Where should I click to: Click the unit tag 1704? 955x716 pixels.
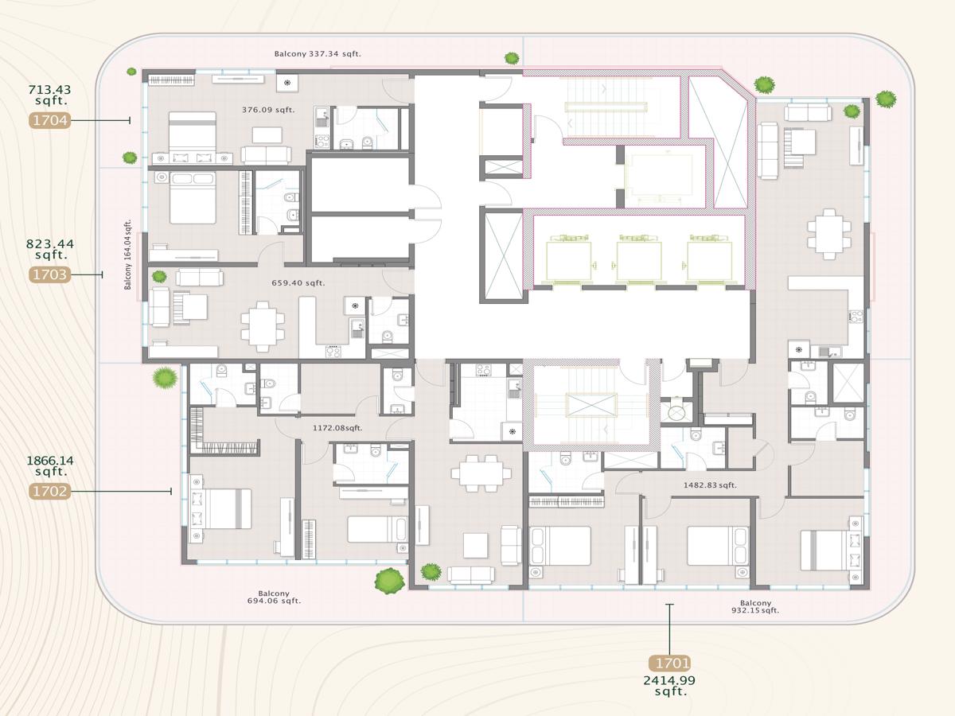(x=49, y=121)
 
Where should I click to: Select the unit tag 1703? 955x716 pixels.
(x=49, y=274)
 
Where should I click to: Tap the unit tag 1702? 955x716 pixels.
(x=49, y=492)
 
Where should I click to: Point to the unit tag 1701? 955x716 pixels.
(x=669, y=663)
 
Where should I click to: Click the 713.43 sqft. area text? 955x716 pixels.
(x=49, y=95)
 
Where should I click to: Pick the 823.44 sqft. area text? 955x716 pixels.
(x=49, y=249)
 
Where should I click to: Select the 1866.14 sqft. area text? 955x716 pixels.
(x=49, y=465)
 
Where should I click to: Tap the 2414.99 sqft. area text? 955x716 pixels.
(x=669, y=686)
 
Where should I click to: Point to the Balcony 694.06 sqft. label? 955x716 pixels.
(x=274, y=597)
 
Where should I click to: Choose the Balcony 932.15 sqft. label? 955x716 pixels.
(x=755, y=607)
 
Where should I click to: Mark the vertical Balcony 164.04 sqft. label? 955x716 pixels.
(x=127, y=255)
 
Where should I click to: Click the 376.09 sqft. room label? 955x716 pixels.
(x=268, y=110)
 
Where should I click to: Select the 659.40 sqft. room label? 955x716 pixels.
(x=298, y=282)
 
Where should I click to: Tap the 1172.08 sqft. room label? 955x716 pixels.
(x=337, y=428)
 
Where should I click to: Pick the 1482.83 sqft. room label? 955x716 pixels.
(x=710, y=484)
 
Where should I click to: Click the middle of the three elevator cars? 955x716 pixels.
(x=638, y=258)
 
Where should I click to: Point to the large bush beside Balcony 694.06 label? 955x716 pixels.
(x=388, y=581)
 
